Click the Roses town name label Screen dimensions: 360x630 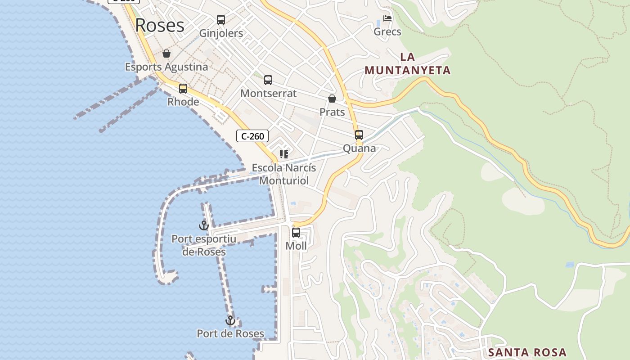pos(160,25)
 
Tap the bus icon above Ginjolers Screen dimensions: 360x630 pos(220,20)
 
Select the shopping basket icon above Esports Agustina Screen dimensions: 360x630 pos(166,54)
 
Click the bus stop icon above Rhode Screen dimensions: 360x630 pos(183,88)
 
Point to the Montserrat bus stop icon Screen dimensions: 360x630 pos(268,80)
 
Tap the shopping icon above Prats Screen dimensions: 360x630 pos(332,99)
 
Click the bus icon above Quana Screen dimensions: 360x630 pos(359,135)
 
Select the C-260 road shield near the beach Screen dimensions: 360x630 pos(252,136)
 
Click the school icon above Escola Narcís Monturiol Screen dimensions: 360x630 pos(283,155)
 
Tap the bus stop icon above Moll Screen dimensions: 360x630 pos(296,233)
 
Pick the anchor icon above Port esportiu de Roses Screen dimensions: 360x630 pos(203,225)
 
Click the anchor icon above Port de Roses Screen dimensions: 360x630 pos(230,321)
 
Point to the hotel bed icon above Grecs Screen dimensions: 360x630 pos(387,18)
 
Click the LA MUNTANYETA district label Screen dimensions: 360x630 pos(407,64)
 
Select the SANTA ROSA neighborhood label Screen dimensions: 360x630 pos(527,352)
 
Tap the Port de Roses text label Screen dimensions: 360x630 pos(230,333)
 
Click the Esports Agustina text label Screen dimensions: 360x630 pos(166,67)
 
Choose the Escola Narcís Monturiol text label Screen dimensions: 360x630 pos(284,174)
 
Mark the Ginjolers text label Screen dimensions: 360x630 pos(221,33)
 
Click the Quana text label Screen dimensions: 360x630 pos(359,148)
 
